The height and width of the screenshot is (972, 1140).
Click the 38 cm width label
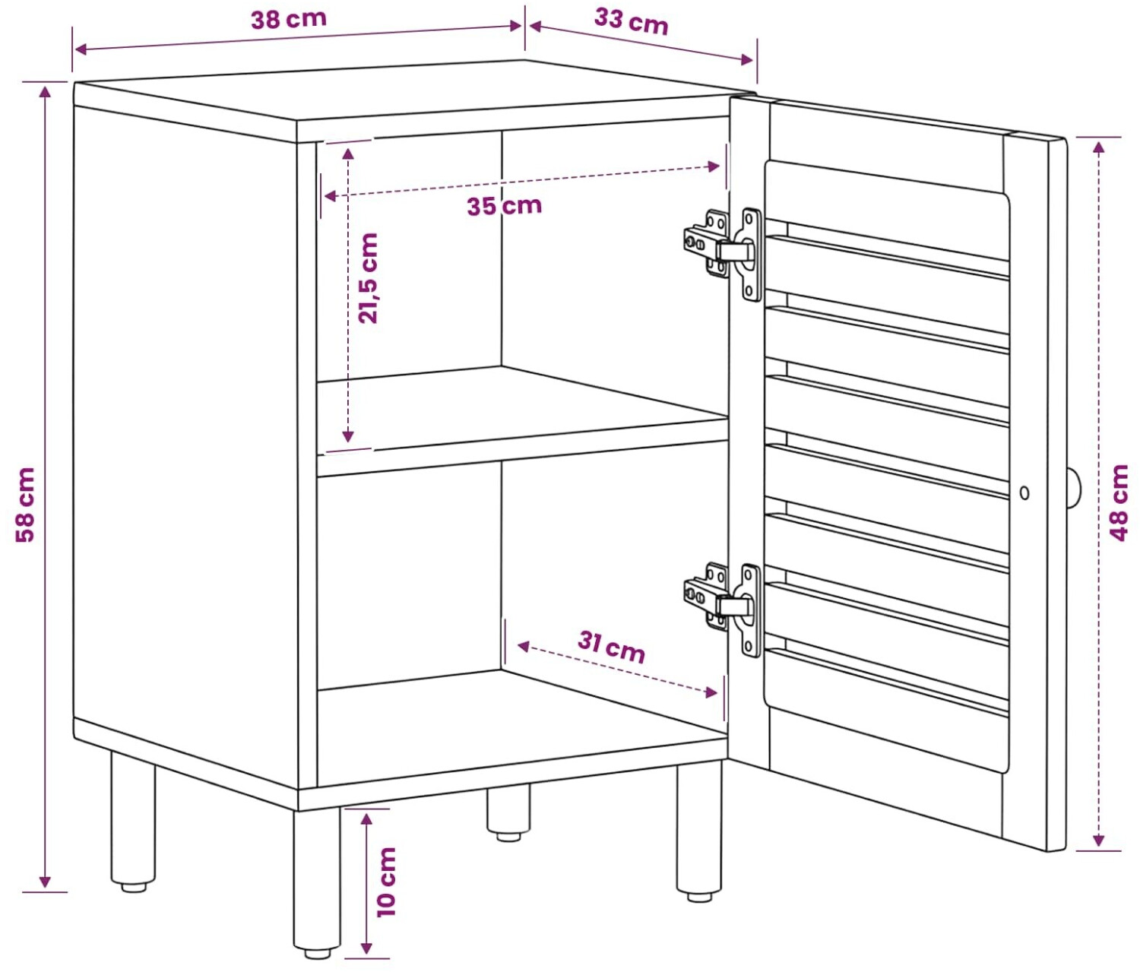289,19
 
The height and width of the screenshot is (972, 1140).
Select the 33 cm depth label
631,21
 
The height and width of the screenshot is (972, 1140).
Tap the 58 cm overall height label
25,505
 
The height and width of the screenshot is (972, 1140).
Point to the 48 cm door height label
1119,503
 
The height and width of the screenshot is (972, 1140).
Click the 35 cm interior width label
504,206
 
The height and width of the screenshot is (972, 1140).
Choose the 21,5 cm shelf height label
368,278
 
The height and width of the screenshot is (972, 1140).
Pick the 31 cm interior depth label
611,647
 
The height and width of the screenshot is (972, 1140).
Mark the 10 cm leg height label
386,882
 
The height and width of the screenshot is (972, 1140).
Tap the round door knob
1073,489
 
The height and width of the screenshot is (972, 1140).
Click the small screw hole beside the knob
1024,492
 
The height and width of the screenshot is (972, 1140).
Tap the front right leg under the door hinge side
698,832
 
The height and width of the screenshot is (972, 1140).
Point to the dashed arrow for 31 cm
617,669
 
